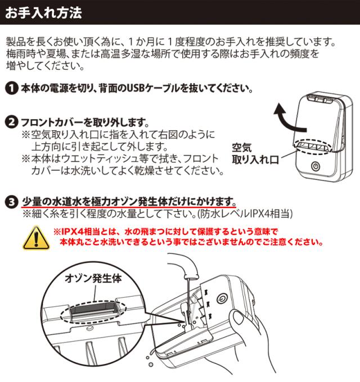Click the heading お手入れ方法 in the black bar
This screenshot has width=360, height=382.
pyautogui.click(x=43, y=13)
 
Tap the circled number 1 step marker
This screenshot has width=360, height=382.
pyautogui.click(x=11, y=88)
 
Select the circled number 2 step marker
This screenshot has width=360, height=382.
pyautogui.click(x=11, y=122)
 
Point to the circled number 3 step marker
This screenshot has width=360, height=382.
pyautogui.click(x=11, y=202)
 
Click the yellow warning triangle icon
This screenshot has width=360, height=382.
pyautogui.click(x=37, y=238)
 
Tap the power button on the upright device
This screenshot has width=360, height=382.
pyautogui.click(x=316, y=166)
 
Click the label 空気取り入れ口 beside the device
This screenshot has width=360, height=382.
pyautogui.click(x=255, y=154)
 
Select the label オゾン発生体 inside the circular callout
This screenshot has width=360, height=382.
pyautogui.click(x=93, y=278)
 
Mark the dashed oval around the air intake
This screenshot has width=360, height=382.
pyautogui.click(x=313, y=147)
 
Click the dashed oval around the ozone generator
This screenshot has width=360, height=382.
pyautogui.click(x=93, y=311)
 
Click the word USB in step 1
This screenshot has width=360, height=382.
pyautogui.click(x=136, y=88)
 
